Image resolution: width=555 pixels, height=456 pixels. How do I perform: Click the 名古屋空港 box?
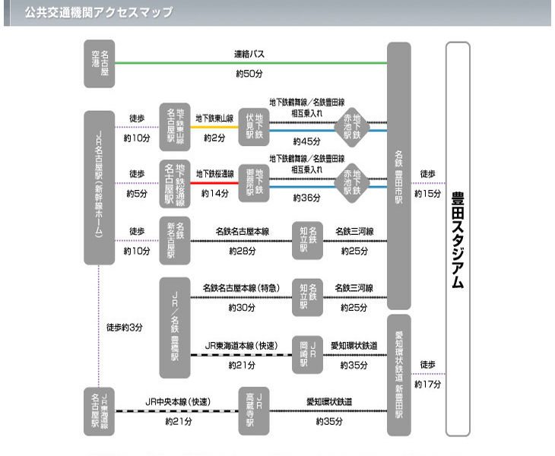tap(99, 63)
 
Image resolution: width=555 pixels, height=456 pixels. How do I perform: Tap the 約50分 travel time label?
tap(249, 74)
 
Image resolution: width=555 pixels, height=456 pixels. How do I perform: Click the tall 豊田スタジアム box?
tap(458, 239)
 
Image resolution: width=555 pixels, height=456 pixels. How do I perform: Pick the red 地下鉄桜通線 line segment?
tap(214, 182)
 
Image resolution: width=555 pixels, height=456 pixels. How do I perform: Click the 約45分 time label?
tap(306, 141)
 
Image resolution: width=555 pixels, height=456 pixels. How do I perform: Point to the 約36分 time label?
tap(306, 197)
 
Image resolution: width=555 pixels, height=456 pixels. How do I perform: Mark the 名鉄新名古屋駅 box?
tap(175, 240)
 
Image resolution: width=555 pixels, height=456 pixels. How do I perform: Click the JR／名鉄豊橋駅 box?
tap(175, 327)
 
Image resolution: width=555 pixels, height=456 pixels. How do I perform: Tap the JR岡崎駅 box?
tap(309, 353)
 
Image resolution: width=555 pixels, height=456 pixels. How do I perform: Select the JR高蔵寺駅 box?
tap(254, 410)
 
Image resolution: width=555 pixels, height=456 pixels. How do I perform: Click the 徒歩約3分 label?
tap(124, 328)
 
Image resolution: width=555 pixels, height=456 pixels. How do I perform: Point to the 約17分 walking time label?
tap(427, 384)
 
